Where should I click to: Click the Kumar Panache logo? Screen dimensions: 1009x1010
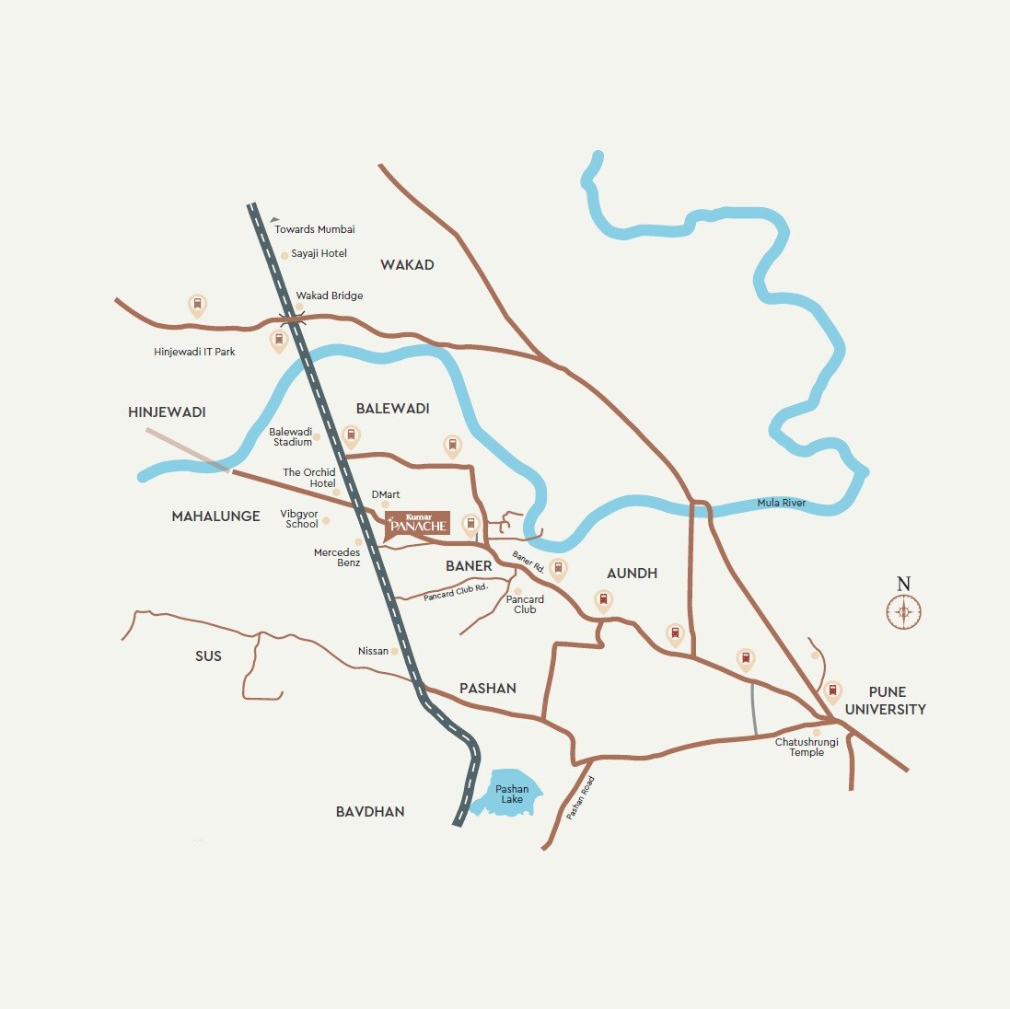coord(418,523)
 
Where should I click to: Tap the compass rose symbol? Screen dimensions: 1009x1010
coord(904,611)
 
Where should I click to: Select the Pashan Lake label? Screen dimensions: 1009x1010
coord(512,794)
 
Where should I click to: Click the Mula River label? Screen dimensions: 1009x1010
coord(782,503)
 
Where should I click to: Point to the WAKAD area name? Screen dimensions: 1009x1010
coord(407,265)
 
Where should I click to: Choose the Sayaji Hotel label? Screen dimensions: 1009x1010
coord(319,253)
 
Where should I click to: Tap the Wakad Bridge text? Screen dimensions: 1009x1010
coord(329,296)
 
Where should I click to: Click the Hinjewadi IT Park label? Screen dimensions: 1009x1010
coord(194,352)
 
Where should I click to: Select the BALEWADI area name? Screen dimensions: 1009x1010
coord(393,409)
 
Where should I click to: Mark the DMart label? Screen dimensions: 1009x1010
coord(386,494)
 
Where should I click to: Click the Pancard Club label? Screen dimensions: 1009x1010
coord(525,604)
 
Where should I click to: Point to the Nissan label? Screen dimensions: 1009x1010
coord(373,651)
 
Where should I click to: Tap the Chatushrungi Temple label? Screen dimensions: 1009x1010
coord(807,747)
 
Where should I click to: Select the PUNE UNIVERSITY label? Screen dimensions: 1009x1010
coord(886,701)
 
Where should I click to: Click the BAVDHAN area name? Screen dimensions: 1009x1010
coord(370,812)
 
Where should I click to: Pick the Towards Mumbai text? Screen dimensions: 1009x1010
coord(315,229)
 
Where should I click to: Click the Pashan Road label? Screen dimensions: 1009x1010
coord(581,798)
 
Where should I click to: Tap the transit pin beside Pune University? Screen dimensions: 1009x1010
coord(832,690)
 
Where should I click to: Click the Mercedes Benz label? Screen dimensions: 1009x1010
coord(337,557)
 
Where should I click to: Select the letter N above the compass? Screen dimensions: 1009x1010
coord(904,584)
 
